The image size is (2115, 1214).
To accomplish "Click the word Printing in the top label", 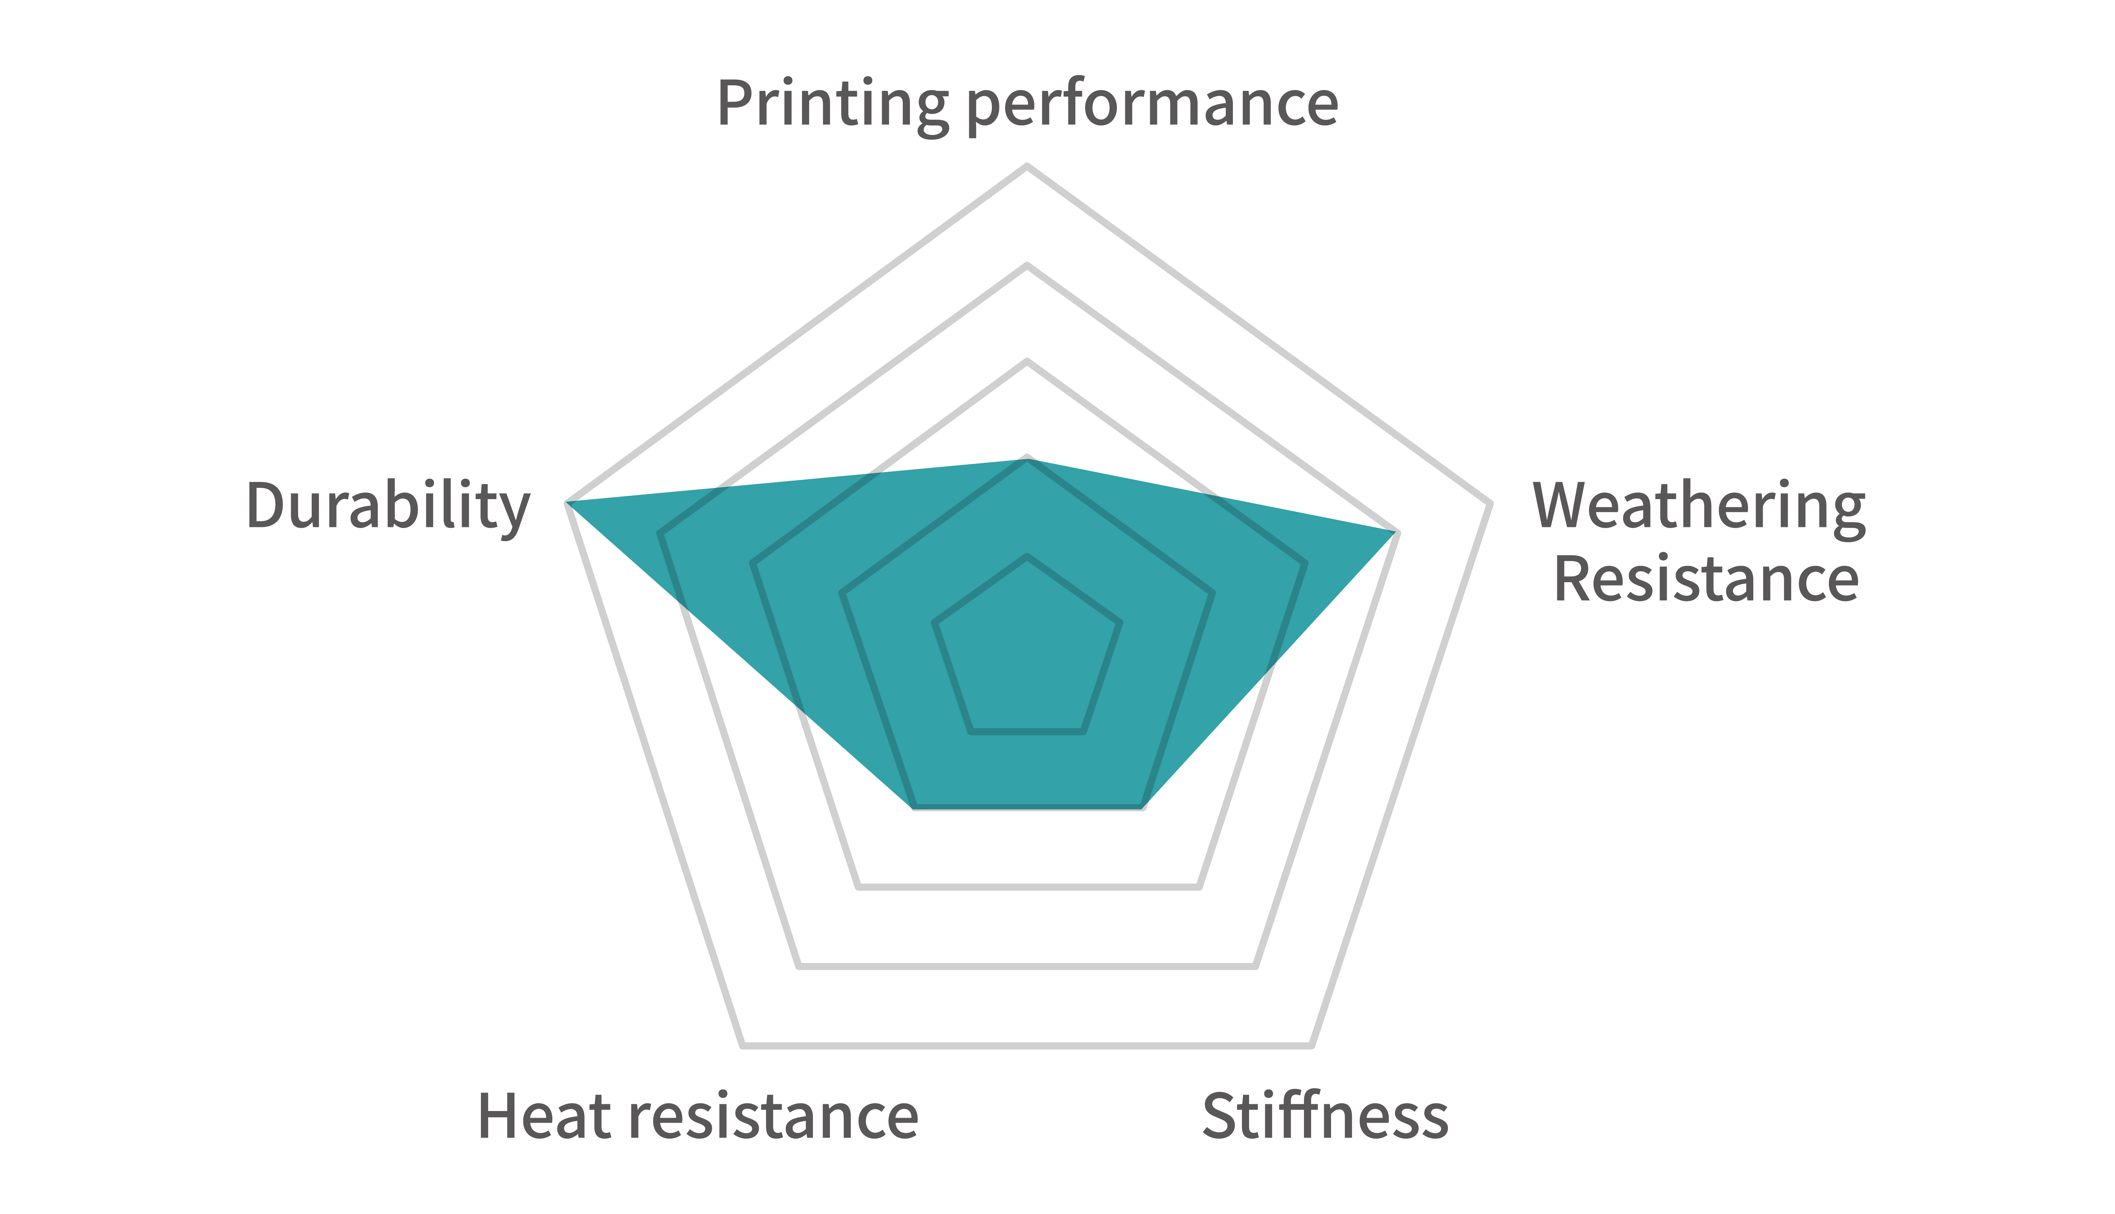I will pos(832,105).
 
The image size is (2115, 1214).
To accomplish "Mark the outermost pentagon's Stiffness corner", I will pos(1311,1045).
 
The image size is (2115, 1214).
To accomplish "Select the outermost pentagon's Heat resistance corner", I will pos(742,1045).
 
